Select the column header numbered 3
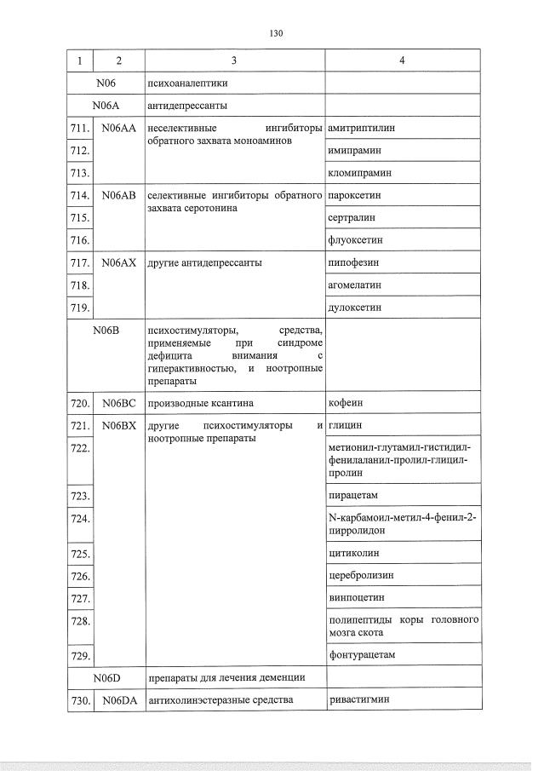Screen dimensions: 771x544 (x=234, y=61)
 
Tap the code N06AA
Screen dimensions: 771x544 (x=118, y=128)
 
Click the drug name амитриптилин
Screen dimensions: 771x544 (x=362, y=128)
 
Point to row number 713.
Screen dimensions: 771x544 (x=80, y=173)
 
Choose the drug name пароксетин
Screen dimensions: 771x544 (x=354, y=195)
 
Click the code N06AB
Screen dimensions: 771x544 (x=118, y=195)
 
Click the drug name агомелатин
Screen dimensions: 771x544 (x=355, y=285)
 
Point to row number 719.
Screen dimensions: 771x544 (x=80, y=308)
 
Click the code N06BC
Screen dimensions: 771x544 (x=118, y=402)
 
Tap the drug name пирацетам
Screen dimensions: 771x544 (x=352, y=495)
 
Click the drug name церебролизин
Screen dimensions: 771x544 (x=361, y=576)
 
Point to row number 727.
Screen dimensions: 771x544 (x=80, y=598)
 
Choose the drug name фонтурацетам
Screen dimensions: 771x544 (x=362, y=655)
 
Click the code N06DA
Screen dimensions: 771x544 (x=118, y=700)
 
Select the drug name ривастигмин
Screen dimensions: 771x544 (x=359, y=700)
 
